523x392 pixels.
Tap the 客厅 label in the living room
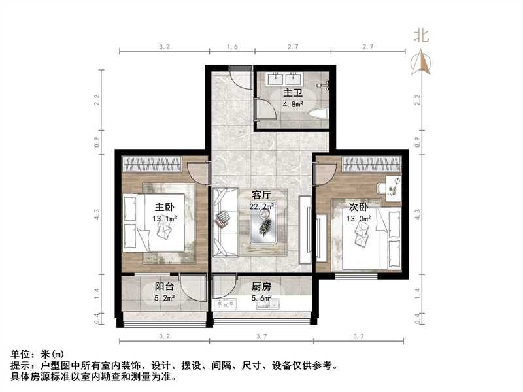(261, 194)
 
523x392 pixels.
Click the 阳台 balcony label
(163, 286)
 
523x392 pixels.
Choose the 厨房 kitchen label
(261, 286)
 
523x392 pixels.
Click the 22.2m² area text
(261, 206)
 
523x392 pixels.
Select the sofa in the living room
(224, 220)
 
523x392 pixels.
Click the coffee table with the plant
(265, 226)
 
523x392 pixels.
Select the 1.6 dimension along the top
(231, 46)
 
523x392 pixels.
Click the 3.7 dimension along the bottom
(261, 336)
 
